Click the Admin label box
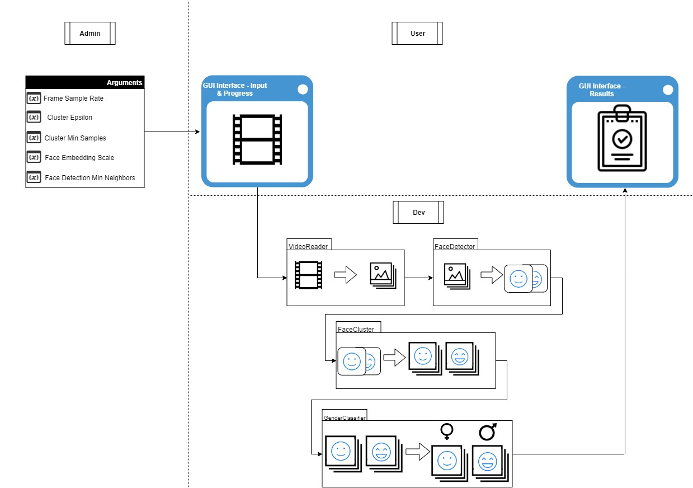(x=90, y=34)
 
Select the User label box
(x=417, y=34)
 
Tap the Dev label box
(x=418, y=213)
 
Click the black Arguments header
(x=85, y=83)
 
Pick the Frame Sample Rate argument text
(x=73, y=98)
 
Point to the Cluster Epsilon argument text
(x=70, y=118)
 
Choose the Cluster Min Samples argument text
(x=75, y=138)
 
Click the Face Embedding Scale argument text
(x=79, y=158)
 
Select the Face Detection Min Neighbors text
(x=90, y=178)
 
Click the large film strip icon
(x=257, y=140)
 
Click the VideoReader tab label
(x=308, y=246)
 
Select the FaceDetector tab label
(x=454, y=246)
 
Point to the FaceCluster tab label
(x=356, y=329)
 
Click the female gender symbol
(x=447, y=431)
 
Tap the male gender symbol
(x=487, y=431)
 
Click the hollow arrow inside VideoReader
(x=345, y=275)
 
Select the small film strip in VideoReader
(x=309, y=275)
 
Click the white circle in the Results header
(x=667, y=90)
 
